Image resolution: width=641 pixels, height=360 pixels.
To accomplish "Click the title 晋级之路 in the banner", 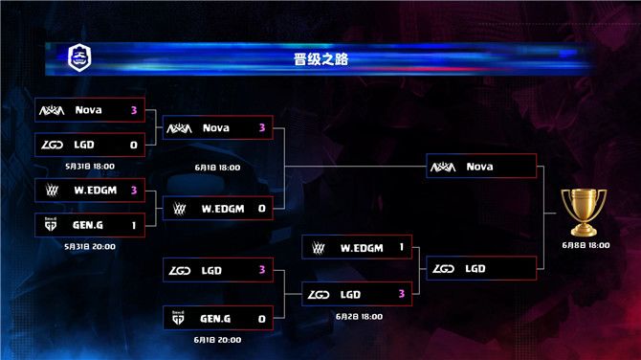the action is pos(320,59).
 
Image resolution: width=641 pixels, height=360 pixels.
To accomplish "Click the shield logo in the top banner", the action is pos(79,57).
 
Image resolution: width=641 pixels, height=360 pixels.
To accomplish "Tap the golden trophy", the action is pos(584,213).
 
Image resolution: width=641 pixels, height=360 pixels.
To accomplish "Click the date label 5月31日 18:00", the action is pos(90,166).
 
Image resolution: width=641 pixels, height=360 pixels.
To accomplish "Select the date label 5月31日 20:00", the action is pos(90,246).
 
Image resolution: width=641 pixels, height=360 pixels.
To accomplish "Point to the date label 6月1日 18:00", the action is pos(217,168).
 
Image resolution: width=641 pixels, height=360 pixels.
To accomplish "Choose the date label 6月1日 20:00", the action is pos(217,340).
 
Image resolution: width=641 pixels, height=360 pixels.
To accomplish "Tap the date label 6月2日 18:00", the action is pos(359,317).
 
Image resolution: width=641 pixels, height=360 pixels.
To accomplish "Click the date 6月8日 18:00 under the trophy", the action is pos(586,245).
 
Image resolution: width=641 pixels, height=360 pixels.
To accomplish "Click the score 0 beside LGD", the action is pos(134,145).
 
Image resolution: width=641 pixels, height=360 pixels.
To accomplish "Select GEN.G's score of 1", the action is pos(134,225).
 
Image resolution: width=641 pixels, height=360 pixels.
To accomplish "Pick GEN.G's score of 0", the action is pos(262,319).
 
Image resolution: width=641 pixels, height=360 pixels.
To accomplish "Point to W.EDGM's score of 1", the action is pos(402,247).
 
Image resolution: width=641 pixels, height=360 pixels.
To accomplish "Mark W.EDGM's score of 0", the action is pos(262,209).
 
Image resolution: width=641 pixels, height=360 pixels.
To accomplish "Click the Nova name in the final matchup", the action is pos(479,167).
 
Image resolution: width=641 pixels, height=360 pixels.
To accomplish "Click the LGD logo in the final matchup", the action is pos(443,269).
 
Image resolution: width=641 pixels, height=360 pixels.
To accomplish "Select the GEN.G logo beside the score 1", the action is pos(51,224).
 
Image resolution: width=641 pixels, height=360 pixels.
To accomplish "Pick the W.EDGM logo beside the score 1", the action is pos(318,247).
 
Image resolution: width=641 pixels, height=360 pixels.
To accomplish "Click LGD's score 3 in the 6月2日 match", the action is pos(402,294).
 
